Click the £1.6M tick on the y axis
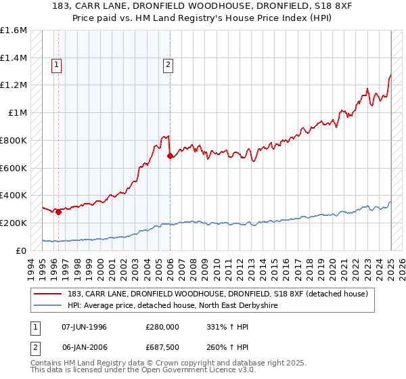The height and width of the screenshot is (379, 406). click(x=14, y=30)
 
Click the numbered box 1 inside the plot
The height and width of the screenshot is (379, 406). click(x=56, y=66)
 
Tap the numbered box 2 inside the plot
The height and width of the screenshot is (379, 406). click(x=167, y=66)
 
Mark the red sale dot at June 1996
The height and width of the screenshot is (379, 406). click(x=58, y=212)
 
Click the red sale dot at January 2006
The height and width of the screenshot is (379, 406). click(x=170, y=156)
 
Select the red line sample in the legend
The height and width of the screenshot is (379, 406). click(x=49, y=294)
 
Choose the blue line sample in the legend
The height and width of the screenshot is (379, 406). click(x=49, y=305)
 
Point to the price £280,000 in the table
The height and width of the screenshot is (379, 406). click(x=162, y=327)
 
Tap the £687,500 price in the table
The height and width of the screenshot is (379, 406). click(x=162, y=347)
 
